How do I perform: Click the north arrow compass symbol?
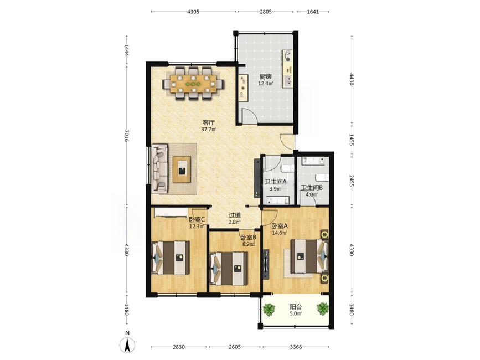(x=128, y=344)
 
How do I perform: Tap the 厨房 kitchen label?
(x=265, y=76)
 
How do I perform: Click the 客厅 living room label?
(x=208, y=122)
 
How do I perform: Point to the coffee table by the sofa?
(x=182, y=169)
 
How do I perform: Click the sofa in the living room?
(x=159, y=169)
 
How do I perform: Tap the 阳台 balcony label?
(x=296, y=307)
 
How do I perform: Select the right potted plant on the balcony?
(x=323, y=308)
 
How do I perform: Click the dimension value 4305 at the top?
(x=193, y=12)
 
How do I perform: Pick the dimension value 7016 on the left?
(x=127, y=135)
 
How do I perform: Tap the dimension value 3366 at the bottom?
(x=296, y=347)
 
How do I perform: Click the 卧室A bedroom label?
(x=280, y=226)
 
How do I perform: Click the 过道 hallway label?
(x=235, y=215)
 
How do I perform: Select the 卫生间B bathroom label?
(x=312, y=188)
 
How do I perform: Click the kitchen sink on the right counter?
(x=288, y=81)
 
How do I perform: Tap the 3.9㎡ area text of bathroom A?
(x=275, y=189)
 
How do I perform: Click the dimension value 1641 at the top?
(x=313, y=12)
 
